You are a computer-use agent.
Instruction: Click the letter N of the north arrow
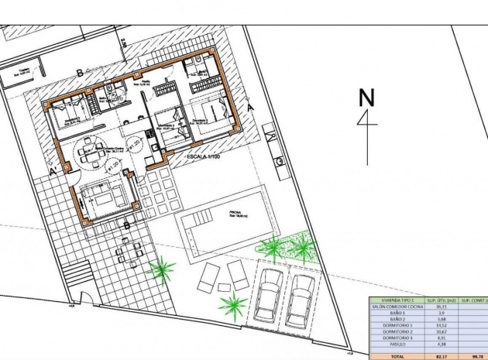click(x=366, y=98)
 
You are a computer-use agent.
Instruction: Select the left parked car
click(x=268, y=298)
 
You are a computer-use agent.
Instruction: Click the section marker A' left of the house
click(x=53, y=170)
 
